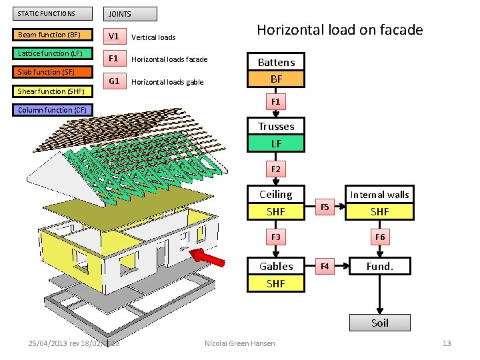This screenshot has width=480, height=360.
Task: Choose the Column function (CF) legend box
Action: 53,110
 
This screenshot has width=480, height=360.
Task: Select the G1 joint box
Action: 114,81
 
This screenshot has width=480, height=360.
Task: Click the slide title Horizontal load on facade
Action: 340,30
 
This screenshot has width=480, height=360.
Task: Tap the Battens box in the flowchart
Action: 276,62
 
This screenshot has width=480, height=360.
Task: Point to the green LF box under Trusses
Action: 276,143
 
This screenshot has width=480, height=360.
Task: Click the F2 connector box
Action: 276,169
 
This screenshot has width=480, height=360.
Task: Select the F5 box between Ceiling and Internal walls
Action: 325,207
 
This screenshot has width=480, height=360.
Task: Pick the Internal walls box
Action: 379,195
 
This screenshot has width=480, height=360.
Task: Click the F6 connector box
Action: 379,237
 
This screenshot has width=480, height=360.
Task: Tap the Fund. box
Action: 379,266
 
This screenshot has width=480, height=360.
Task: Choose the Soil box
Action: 379,323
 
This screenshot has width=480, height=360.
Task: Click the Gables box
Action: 276,266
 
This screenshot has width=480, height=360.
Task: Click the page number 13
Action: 447,343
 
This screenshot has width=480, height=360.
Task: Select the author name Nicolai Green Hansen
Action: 240,343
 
